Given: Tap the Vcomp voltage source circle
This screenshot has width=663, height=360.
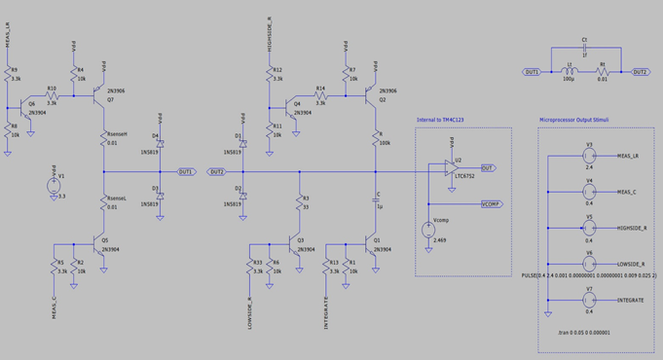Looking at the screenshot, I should [428, 231].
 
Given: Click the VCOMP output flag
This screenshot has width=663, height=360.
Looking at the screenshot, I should [491, 205].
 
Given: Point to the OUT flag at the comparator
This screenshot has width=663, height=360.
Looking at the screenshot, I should [488, 168].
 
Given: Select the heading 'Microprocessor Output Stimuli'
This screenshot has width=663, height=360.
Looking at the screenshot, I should [582, 120].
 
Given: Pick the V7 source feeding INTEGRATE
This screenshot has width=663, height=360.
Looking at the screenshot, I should [588, 301].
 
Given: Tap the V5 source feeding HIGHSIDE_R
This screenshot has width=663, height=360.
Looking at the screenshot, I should [588, 228].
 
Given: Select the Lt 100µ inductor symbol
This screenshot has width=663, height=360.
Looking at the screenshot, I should [571, 72].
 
